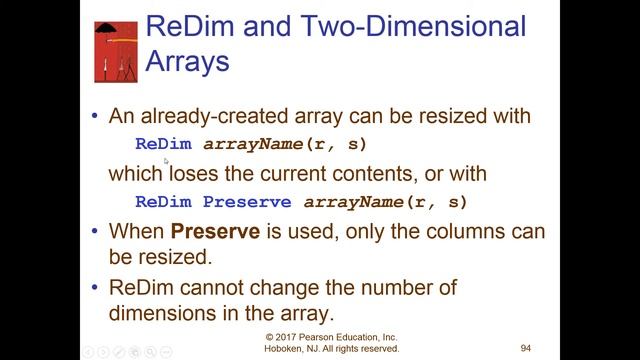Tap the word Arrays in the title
coord(188,61)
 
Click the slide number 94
coord(525,349)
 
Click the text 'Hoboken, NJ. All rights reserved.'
coord(332,350)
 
